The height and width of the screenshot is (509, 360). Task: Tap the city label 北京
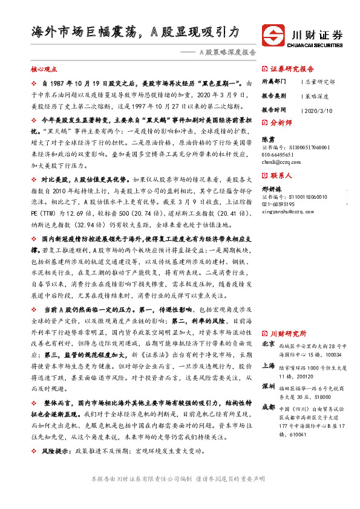pyautogui.click(x=267, y=343)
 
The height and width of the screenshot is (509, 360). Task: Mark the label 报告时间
pyautogui.click(x=275, y=110)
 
